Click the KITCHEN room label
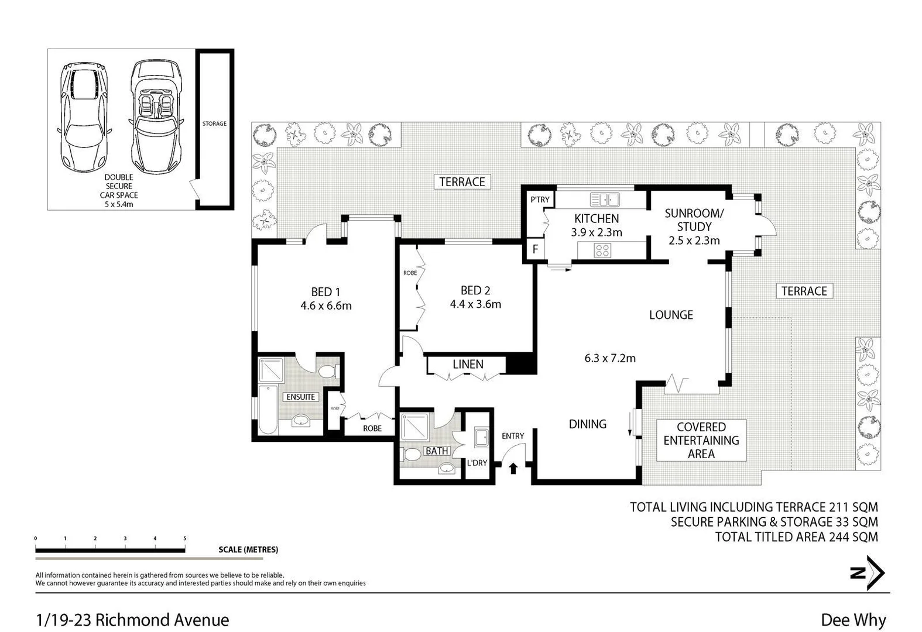click(596, 218)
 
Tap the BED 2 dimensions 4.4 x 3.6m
click(475, 304)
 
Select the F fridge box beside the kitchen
click(535, 249)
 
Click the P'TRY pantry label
click(540, 200)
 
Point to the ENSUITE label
click(301, 397)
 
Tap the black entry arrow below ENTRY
click(513, 468)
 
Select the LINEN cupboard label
click(468, 364)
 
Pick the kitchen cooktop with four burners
click(602, 250)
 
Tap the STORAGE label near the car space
click(214, 123)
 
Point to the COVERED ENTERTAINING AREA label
click(701, 440)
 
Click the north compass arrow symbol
click(868, 573)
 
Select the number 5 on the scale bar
click(185, 538)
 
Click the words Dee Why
click(853, 620)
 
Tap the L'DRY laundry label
click(477, 463)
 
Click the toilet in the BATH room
click(413, 454)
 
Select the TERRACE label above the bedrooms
click(462, 181)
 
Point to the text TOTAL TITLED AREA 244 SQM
click(796, 537)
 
